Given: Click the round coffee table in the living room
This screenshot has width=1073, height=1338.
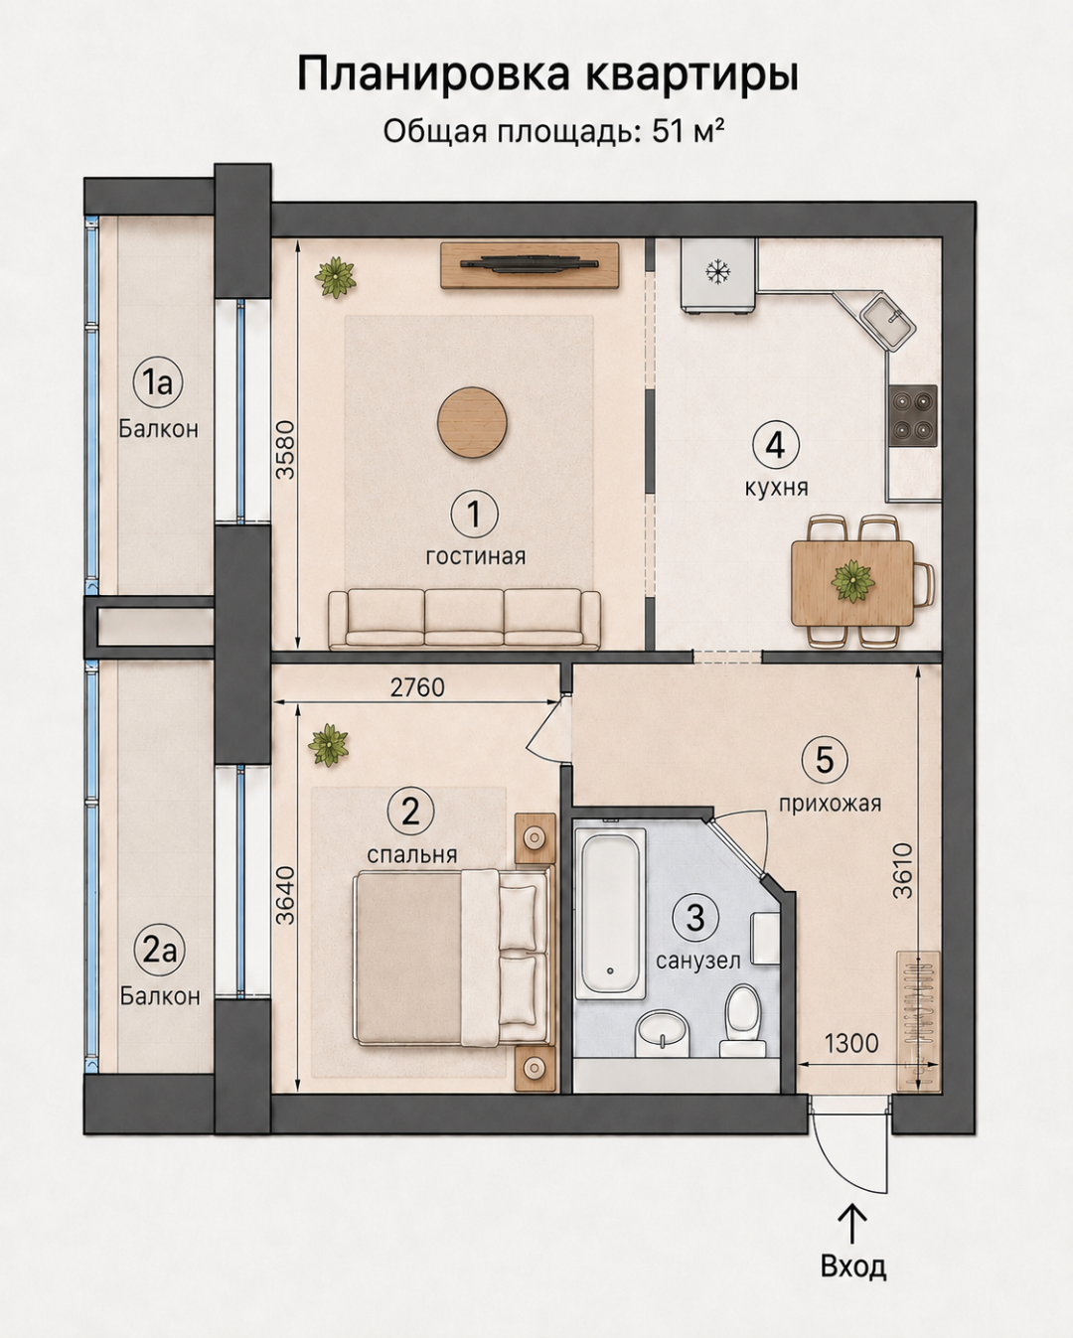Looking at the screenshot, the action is [472, 423].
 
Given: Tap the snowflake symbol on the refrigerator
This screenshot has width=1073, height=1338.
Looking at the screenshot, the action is [718, 272].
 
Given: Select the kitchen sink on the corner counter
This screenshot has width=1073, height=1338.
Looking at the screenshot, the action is [888, 322].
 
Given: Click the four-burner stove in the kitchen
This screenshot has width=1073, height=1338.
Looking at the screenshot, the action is [912, 414].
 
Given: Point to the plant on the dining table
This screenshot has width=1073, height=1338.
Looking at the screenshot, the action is [852, 581].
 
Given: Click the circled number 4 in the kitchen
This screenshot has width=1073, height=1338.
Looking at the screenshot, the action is [776, 445].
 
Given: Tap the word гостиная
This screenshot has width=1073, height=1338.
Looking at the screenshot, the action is [475, 556].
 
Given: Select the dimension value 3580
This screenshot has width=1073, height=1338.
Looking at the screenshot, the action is [285, 450].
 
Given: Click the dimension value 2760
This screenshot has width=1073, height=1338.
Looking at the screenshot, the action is [417, 687].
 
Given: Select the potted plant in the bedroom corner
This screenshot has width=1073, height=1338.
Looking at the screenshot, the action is [328, 744].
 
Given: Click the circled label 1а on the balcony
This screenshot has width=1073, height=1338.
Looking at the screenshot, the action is [158, 381].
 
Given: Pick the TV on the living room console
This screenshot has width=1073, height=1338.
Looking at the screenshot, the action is [530, 263].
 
